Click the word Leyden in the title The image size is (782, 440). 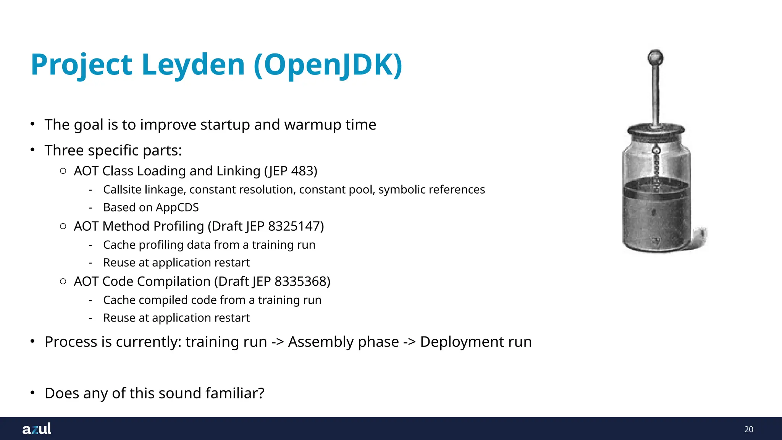tap(193, 65)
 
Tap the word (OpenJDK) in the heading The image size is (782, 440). tap(328, 65)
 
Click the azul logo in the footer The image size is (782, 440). tap(37, 429)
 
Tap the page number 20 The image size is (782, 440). tap(748, 429)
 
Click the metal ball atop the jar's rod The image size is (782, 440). tap(656, 58)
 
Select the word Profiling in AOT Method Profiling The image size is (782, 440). tap(178, 226)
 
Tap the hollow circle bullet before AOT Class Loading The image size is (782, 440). tap(63, 171)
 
